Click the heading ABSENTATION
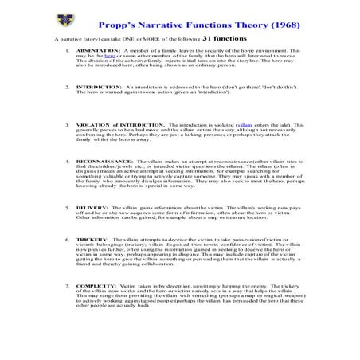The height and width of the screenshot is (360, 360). (x=98, y=51)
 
